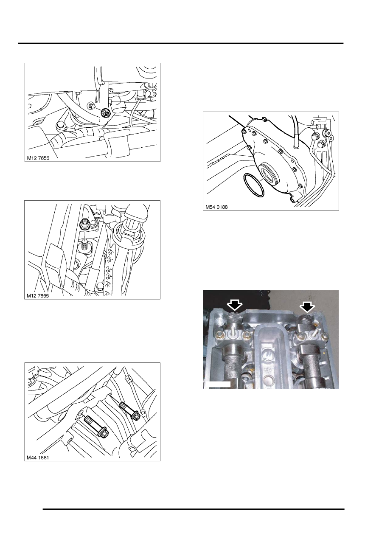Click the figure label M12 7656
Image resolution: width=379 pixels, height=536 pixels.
(38, 158)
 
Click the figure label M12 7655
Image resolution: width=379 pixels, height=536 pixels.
(38, 296)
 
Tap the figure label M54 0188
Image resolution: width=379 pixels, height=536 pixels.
(217, 207)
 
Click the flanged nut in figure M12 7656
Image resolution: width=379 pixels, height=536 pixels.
(105, 112)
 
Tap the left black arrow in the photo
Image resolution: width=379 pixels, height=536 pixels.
(235, 306)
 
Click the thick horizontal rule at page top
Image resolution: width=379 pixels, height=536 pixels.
(181, 43)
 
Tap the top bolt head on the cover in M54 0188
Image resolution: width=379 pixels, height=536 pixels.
(264, 119)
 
